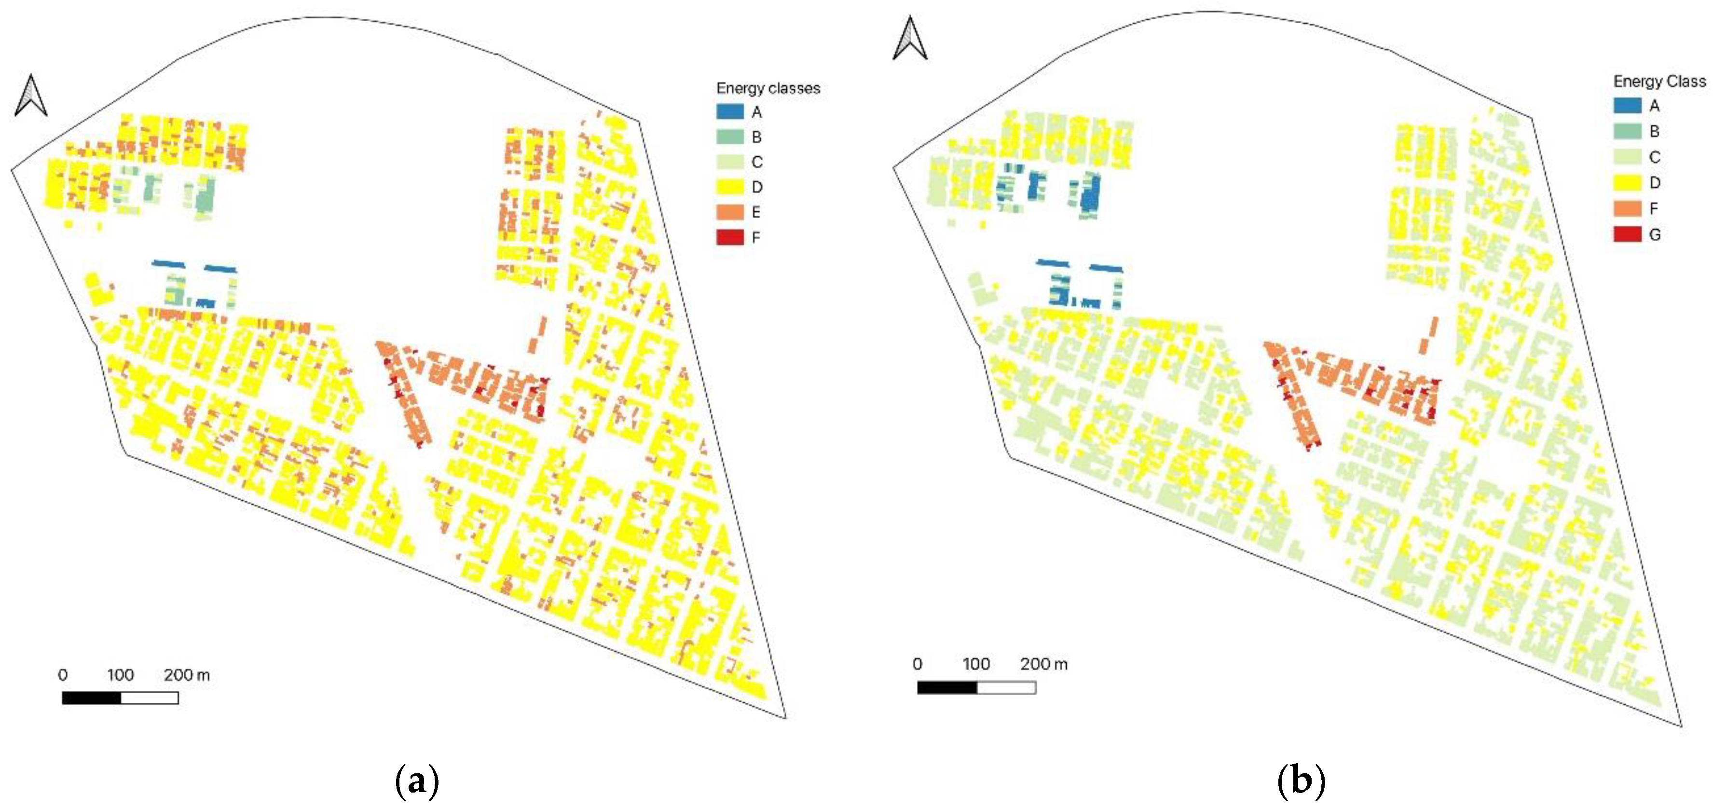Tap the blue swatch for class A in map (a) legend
click(x=729, y=112)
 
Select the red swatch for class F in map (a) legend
click(x=729, y=237)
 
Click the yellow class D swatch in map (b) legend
click(x=1627, y=182)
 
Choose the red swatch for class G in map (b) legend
click(x=1627, y=234)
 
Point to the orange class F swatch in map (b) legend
click(x=1627, y=208)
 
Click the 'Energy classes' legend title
click(x=768, y=88)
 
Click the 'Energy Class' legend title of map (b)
click(x=1659, y=81)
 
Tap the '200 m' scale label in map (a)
click(x=187, y=675)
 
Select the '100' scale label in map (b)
click(x=976, y=664)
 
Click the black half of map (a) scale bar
click(x=92, y=698)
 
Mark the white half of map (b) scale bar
click(x=1006, y=687)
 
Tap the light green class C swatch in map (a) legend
click(x=729, y=162)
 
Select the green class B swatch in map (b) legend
click(x=1627, y=131)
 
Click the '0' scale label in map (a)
click(x=63, y=675)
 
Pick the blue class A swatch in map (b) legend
click(x=1627, y=105)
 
